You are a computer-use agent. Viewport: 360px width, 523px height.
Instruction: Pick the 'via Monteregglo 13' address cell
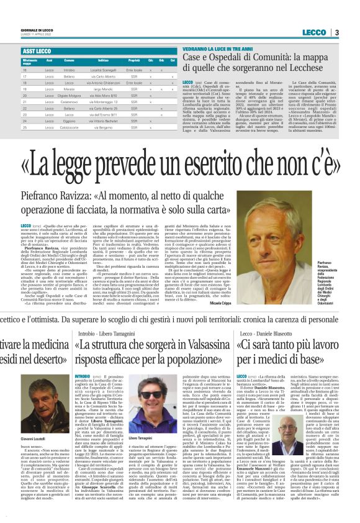(x=103, y=102)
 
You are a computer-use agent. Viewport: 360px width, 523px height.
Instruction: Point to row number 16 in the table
(x=25, y=71)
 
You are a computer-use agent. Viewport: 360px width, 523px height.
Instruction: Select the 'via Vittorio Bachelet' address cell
(x=103, y=121)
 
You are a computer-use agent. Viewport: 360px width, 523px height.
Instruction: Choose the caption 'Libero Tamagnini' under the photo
(x=149, y=421)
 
